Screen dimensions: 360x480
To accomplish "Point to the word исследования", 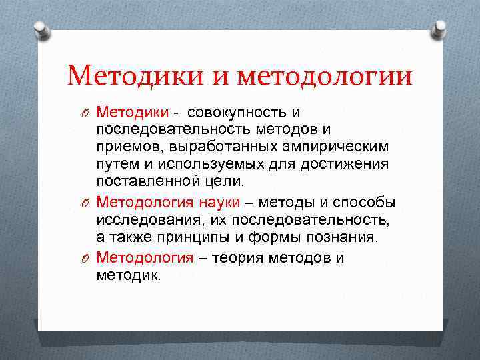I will click(x=141, y=219).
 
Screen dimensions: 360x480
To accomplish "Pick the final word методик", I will click(x=128, y=275).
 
